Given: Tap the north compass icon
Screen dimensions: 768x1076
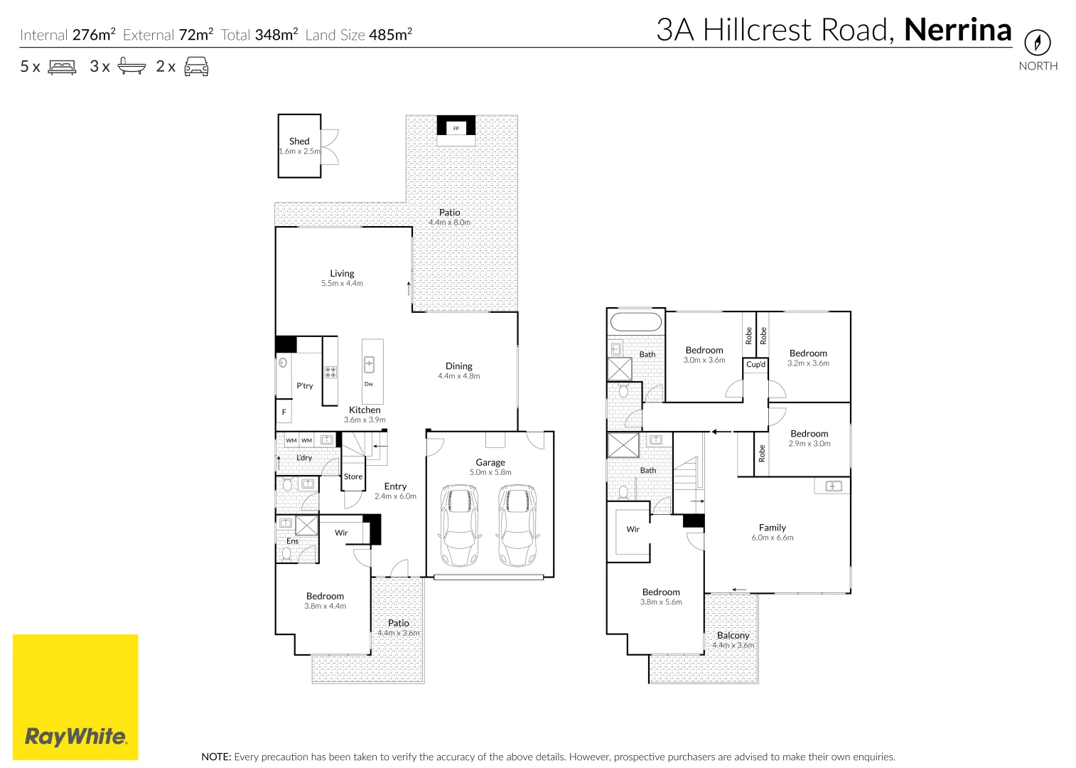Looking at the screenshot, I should click(x=1037, y=43).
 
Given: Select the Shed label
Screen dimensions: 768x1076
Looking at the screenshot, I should click(x=299, y=142).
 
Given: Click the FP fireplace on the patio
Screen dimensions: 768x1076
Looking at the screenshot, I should click(x=456, y=128).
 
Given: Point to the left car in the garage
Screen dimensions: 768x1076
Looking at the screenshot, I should click(x=460, y=525).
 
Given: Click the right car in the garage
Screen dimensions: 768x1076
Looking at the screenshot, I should click(x=517, y=525).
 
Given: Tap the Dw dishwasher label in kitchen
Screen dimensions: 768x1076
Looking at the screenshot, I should click(x=368, y=384).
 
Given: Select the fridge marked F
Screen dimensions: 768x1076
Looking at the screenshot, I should click(x=284, y=412).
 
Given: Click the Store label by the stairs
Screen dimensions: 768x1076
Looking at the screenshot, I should click(x=353, y=477).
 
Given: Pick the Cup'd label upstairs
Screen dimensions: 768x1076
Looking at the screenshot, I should click(x=755, y=365).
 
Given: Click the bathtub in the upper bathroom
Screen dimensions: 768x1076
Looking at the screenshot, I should click(x=636, y=322).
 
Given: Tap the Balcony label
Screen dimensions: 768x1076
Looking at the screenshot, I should click(x=733, y=635).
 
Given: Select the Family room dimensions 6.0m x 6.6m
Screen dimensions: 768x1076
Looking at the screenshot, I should click(x=773, y=538).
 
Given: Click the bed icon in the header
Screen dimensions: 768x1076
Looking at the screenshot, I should click(x=62, y=67).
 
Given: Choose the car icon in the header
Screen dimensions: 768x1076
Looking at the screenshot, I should click(x=196, y=67).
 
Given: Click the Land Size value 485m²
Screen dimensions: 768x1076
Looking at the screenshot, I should click(x=390, y=34).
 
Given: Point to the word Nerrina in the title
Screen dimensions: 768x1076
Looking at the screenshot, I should click(x=957, y=30).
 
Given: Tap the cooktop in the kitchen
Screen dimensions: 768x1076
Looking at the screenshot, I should click(x=330, y=372).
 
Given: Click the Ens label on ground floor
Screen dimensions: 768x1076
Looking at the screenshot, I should click(x=292, y=541).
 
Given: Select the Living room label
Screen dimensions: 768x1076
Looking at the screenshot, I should click(x=342, y=273).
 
